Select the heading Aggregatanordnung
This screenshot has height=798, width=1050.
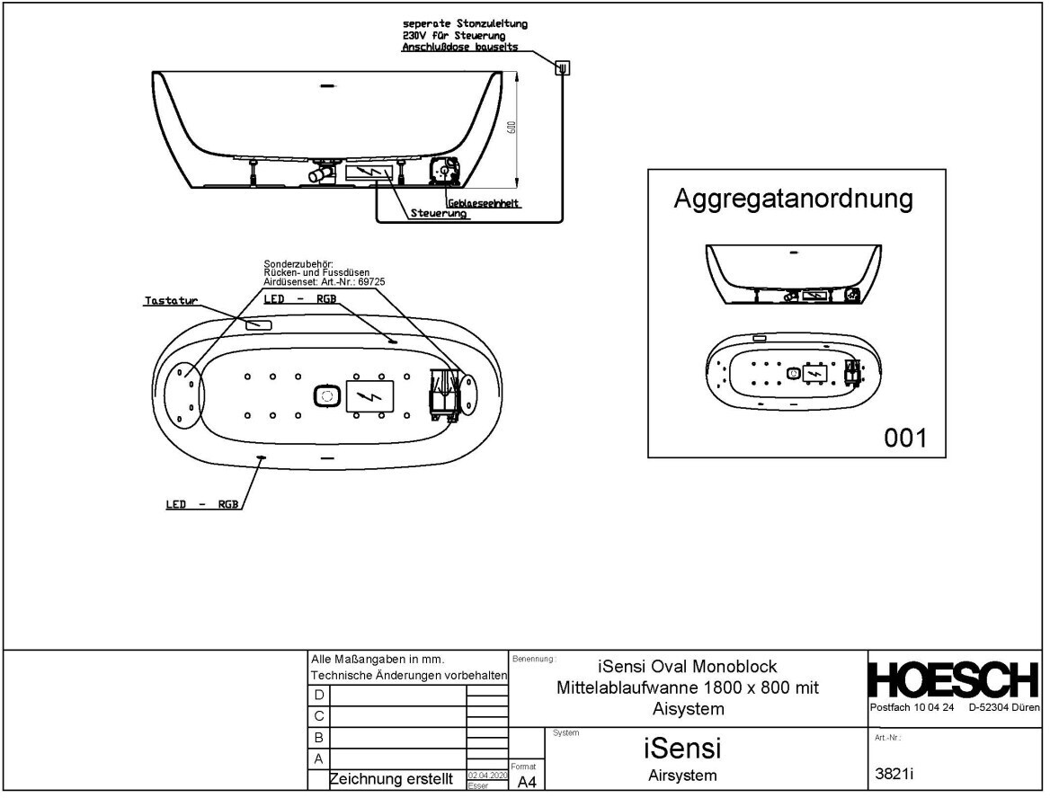click(793, 199)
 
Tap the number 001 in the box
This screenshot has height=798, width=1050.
click(904, 438)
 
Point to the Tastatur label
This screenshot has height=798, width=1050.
click(170, 301)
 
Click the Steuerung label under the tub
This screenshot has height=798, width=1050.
click(439, 214)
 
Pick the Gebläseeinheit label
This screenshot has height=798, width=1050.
click(485, 203)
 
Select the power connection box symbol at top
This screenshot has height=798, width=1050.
click(563, 67)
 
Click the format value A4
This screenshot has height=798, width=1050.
click(527, 783)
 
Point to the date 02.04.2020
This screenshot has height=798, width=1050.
click(488, 775)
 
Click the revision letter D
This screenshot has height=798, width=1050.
click(318, 696)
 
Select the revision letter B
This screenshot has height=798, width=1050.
click(318, 737)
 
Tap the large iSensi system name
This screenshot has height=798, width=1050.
click(682, 747)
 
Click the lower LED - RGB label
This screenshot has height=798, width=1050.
click(201, 504)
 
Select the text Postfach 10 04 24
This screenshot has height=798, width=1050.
click(912, 708)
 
